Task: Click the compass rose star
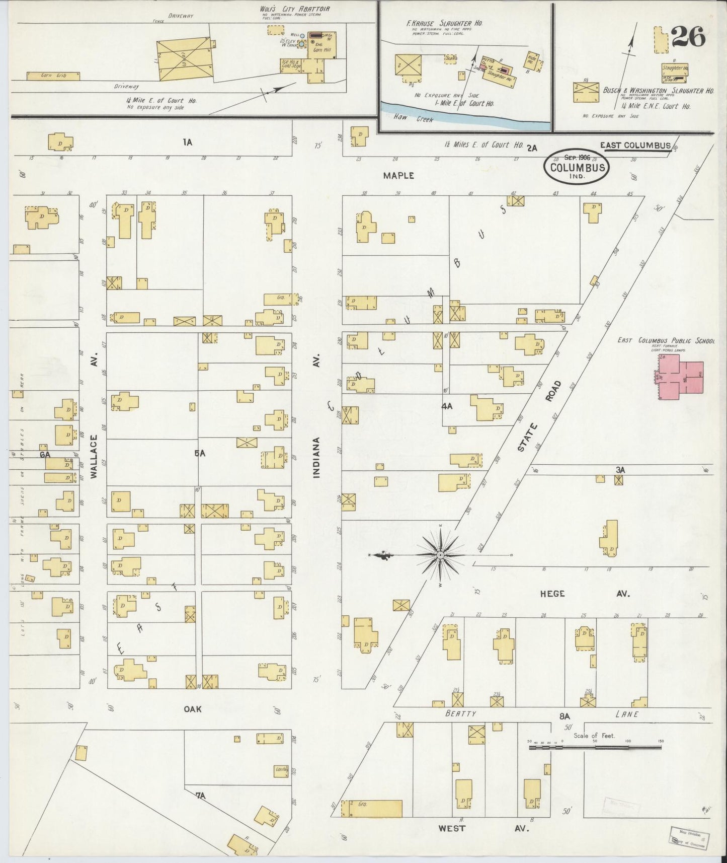click(440, 555)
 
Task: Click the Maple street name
click(398, 176)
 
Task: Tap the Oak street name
click(192, 709)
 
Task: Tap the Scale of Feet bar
click(595, 748)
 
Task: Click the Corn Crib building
click(53, 76)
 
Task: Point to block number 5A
click(200, 453)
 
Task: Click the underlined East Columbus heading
click(635, 146)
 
